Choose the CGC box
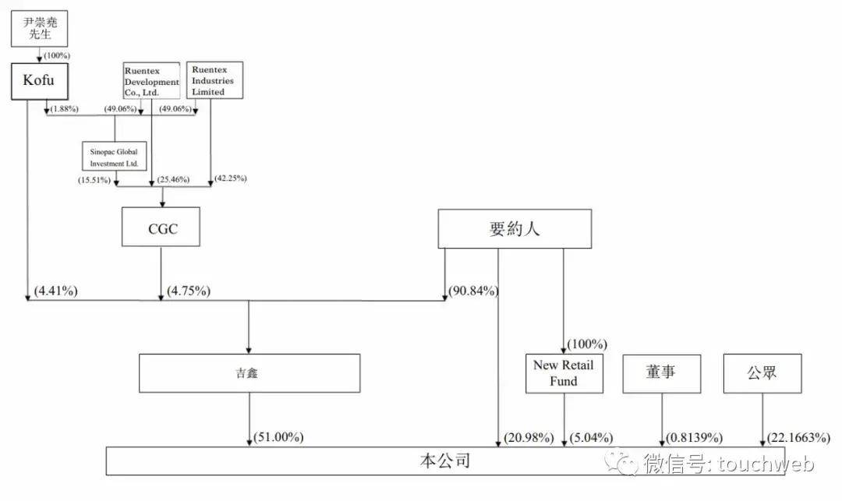[x=160, y=227]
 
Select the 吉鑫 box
[x=249, y=373]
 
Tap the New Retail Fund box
[x=564, y=373]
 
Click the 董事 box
[x=661, y=373]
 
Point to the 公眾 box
[x=762, y=373]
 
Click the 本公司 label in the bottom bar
[x=441, y=461]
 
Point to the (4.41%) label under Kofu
[x=55, y=291]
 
